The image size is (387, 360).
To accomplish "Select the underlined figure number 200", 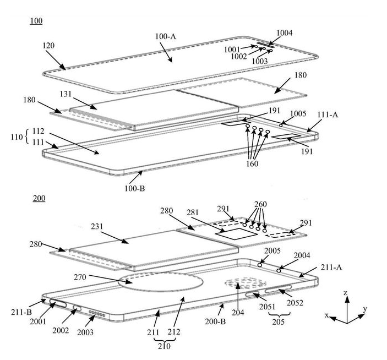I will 39,198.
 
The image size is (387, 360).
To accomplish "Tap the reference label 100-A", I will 166,37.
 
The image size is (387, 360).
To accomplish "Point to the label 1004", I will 285,33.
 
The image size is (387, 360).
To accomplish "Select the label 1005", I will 299,114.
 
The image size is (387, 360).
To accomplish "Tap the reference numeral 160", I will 253,163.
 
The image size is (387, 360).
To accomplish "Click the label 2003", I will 85,332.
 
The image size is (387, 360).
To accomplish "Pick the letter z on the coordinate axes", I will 345,293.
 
